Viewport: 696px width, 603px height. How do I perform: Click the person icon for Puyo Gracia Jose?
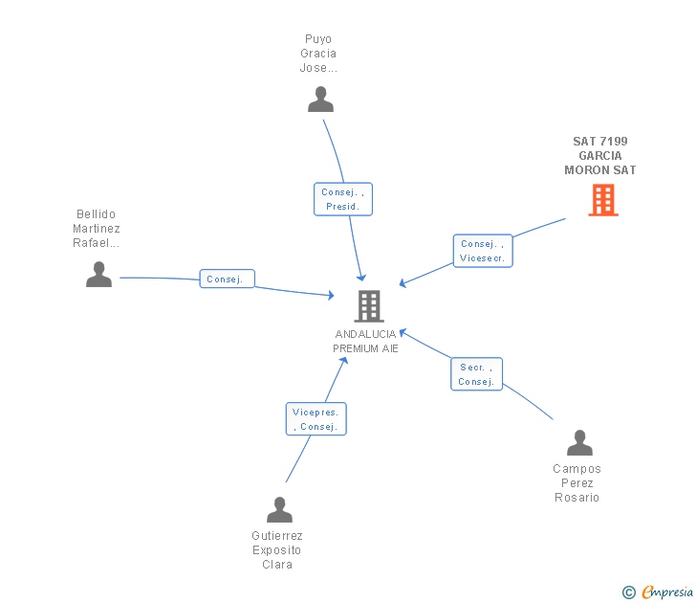point(320,100)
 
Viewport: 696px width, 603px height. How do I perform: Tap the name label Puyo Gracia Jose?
point(318,54)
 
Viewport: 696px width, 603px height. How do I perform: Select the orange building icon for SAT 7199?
point(602,200)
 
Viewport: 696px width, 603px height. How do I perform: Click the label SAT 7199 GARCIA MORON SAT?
point(600,156)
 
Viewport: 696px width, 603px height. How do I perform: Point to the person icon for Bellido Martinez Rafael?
point(98,275)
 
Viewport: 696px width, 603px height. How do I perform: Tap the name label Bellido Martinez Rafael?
point(97,229)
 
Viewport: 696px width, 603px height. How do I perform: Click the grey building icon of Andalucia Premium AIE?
point(368,306)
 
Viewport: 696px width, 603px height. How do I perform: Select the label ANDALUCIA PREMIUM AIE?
point(365,342)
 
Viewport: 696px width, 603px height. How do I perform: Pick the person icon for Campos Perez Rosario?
point(579,443)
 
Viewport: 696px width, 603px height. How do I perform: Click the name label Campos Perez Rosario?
point(576,483)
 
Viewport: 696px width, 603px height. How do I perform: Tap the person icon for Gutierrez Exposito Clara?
point(279,510)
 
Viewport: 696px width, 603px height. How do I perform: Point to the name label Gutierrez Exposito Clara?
point(276,550)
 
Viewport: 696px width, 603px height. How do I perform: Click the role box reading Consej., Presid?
point(343,199)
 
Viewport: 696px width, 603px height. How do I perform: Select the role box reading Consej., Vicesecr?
point(483,251)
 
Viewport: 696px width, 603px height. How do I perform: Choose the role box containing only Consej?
point(227,279)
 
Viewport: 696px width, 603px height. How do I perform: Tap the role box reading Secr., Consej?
point(476,374)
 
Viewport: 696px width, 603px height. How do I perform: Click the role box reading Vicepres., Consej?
point(315,419)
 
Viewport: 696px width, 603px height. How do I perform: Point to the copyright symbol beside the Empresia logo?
point(629,592)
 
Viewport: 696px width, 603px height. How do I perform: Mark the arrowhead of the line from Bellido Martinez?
point(330,296)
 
